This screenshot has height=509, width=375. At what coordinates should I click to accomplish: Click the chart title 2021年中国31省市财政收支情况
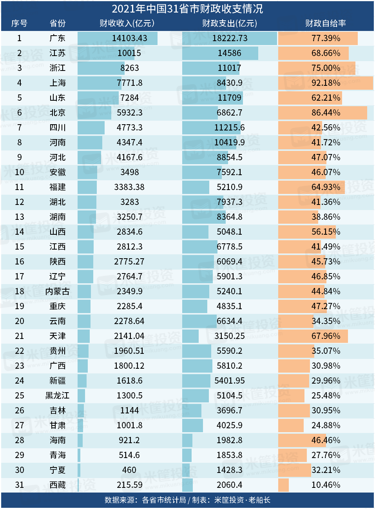coord(187,9)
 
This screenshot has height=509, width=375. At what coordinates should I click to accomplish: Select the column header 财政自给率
coord(325,24)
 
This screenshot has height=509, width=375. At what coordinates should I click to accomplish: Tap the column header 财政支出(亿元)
coord(229,24)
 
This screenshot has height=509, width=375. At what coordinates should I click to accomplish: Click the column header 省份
coord(58,24)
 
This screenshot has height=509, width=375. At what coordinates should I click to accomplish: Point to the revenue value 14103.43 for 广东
coord(129,38)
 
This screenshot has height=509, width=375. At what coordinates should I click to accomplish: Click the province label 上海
coord(58,83)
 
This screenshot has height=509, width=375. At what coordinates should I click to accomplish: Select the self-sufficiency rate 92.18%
coord(326,83)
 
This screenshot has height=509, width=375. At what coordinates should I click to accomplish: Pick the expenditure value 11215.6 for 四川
coord(229,128)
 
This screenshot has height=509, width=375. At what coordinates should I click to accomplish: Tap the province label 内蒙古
coord(58,292)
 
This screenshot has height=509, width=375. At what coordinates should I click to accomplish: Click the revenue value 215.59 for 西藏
coord(129,485)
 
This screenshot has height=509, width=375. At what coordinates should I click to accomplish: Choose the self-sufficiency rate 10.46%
coord(326,485)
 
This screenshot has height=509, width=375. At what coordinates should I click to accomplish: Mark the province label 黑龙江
coord(58,396)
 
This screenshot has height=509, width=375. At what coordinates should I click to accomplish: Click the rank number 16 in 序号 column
coord(20,262)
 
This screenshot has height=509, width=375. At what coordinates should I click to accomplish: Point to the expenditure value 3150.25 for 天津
coord(229,336)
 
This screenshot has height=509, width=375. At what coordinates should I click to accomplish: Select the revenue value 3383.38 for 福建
coord(129,187)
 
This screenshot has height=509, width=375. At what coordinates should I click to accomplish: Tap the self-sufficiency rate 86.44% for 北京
coord(326,113)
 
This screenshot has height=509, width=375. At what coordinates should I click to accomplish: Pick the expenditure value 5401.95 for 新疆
coord(229,381)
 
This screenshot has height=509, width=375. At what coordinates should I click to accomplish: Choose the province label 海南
coord(58,440)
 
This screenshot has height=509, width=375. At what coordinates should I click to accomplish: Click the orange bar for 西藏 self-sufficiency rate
coord(283,485)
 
